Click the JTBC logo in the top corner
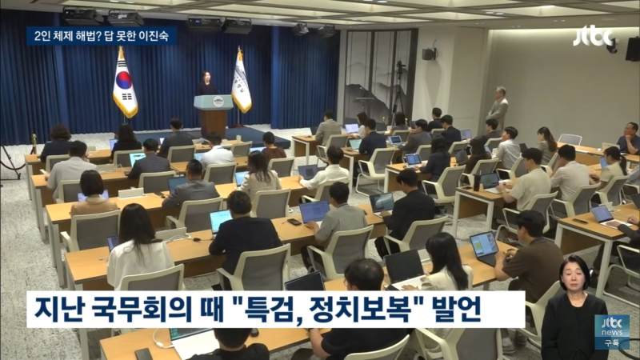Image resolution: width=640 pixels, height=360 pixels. coord(592,35)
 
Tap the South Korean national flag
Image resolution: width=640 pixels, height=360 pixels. coord(124,82)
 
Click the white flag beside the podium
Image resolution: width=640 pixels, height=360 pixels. coord(241,82)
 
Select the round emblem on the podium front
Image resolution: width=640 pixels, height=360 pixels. coord(214,102)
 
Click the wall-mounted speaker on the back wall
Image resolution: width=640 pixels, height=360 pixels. coord(430,54)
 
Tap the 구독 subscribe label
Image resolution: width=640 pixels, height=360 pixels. coord(612,342)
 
